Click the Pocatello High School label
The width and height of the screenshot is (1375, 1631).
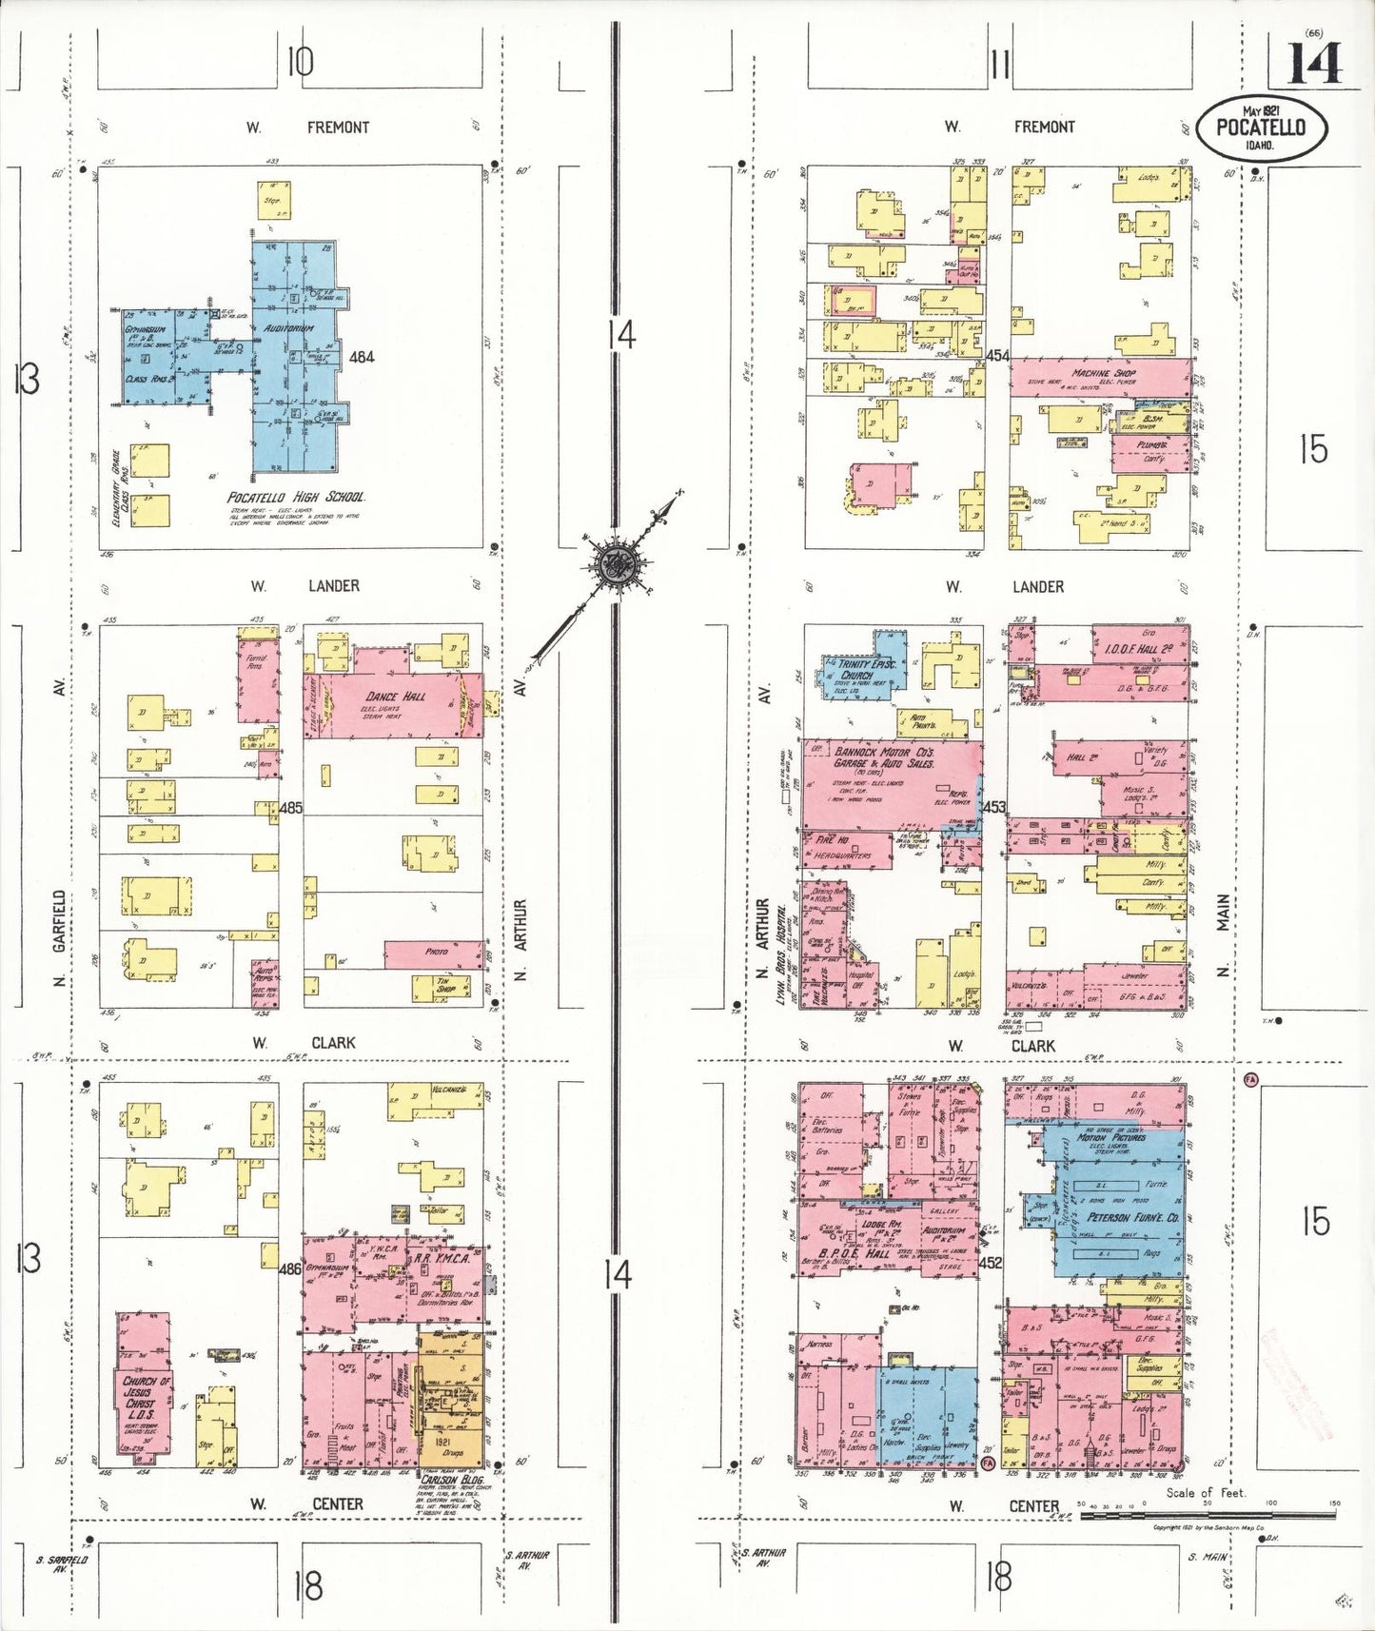pos(296,498)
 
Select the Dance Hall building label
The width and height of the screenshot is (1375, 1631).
pos(396,697)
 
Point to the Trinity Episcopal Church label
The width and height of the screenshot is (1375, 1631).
pos(855,669)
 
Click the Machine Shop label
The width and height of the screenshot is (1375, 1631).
pos(1104,374)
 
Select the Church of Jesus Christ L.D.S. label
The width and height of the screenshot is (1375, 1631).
pos(146,1398)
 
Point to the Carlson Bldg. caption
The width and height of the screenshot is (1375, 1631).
pos(451,1480)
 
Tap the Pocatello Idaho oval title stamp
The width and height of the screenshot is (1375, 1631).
pos(1261,128)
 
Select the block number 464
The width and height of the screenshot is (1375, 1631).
pos(362,358)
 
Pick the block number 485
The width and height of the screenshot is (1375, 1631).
pos(290,808)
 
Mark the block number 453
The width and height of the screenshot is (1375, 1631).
pos(993,807)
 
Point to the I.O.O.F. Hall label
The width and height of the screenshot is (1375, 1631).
pos(1138,648)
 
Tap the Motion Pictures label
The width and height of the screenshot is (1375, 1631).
pos(1111,1137)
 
